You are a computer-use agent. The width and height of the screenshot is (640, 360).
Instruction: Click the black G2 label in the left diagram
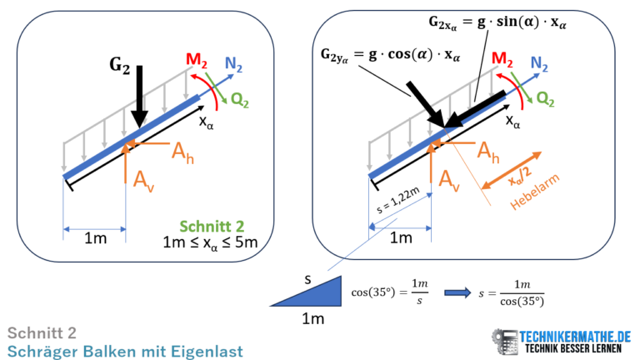pyautogui.click(x=120, y=66)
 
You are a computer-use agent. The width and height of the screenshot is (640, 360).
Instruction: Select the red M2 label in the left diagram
pyautogui.click(x=197, y=60)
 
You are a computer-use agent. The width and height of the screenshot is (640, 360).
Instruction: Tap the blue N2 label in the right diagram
pyautogui.click(x=539, y=63)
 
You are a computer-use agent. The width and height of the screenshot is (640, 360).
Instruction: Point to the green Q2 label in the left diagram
pyautogui.click(x=240, y=100)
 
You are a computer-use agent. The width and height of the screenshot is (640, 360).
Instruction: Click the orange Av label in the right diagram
pyautogui.click(x=449, y=180)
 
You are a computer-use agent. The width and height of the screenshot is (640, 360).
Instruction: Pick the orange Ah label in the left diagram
pyautogui.click(x=182, y=152)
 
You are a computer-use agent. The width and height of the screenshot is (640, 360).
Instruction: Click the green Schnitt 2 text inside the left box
pyautogui.click(x=212, y=226)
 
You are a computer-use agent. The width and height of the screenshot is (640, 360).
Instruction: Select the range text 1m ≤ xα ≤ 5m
pyautogui.click(x=210, y=242)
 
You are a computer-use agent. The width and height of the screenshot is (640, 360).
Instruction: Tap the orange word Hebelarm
pyautogui.click(x=534, y=192)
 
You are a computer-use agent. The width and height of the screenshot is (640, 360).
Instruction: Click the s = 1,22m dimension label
pyautogui.click(x=397, y=200)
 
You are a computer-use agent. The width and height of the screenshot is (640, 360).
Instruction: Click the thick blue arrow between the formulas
pyautogui.click(x=457, y=292)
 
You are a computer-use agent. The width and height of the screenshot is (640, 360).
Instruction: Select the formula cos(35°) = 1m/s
pyautogui.click(x=390, y=292)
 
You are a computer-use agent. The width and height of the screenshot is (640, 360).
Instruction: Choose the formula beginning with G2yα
pyautogui.click(x=390, y=55)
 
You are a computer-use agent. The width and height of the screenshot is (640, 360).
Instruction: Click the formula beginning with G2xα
pyautogui.click(x=497, y=22)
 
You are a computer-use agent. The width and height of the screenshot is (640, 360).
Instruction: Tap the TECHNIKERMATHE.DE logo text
pyautogui.click(x=575, y=337)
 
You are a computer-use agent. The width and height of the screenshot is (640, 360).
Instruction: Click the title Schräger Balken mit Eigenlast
pyautogui.click(x=125, y=352)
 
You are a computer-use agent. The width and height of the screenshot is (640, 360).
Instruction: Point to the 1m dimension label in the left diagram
pyautogui.click(x=96, y=238)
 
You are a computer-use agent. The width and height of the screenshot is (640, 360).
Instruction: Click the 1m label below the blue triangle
pyautogui.click(x=313, y=318)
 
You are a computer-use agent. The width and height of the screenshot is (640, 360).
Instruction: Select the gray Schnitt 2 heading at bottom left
pyautogui.click(x=42, y=333)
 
